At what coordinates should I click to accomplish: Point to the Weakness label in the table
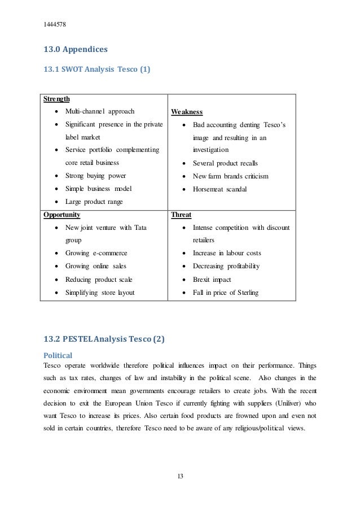point(186,112)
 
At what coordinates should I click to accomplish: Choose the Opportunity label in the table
point(62,215)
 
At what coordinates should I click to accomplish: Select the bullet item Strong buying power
point(96,175)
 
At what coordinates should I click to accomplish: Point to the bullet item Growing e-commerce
point(96,253)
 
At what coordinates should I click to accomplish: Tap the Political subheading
point(58,356)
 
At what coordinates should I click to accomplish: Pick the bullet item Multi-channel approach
point(100,111)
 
